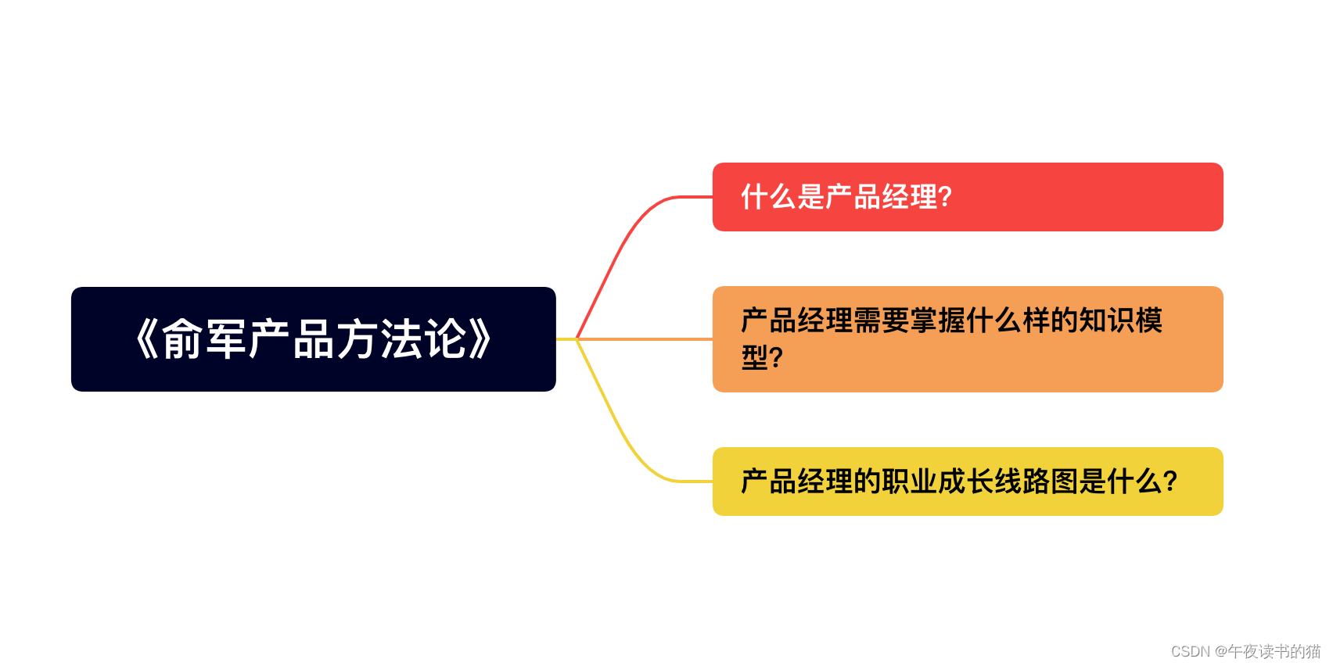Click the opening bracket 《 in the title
146,339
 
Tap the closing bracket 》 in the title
480,339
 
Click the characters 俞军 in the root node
204,339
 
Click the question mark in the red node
945,197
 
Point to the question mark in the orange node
776,358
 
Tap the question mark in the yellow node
1170,482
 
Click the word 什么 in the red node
769,197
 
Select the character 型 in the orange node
755,358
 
